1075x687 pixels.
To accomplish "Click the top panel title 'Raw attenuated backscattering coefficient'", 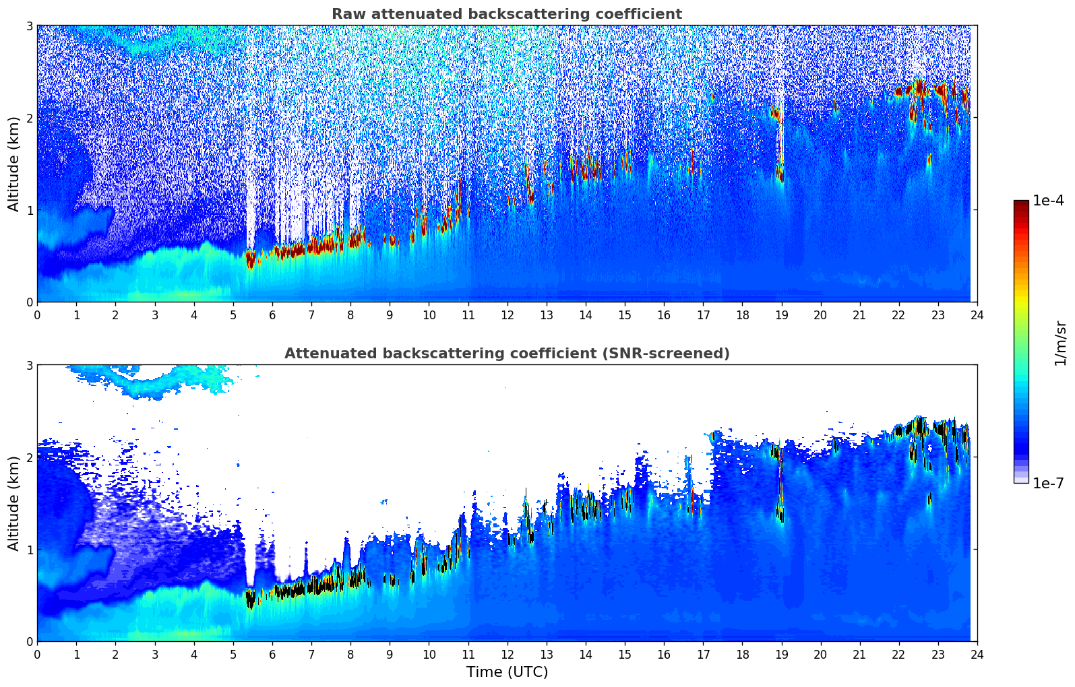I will pos(506,14).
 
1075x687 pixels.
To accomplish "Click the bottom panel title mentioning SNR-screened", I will pos(506,354).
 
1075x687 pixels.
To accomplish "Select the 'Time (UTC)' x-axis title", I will pos(507,672).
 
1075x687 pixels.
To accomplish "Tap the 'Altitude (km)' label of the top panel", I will pos(14,164).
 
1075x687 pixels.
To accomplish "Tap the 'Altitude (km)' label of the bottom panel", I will pos(14,503).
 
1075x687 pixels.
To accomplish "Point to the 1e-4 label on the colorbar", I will pos(1048,201).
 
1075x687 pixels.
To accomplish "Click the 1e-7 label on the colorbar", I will pos(1048,483).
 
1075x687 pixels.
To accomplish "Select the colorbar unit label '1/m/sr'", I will pos(1060,343).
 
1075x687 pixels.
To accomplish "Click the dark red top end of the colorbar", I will pos(1021,203).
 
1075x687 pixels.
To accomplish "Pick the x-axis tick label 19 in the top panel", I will pos(781,315).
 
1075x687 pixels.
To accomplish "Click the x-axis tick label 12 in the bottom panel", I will pos(507,655).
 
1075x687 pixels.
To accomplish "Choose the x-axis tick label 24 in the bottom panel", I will pos(977,655).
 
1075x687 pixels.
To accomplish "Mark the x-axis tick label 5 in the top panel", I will pos(233,315).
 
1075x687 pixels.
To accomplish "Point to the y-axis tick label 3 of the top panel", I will pos(29,26).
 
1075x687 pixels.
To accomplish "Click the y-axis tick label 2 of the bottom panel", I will pos(29,457).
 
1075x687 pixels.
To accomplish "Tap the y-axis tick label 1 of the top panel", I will pos(29,210).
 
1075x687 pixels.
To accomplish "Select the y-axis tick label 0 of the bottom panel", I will pos(29,642).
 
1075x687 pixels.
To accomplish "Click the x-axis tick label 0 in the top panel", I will pos(37,315).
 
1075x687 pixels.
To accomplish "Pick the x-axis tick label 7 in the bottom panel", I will pos(311,655).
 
